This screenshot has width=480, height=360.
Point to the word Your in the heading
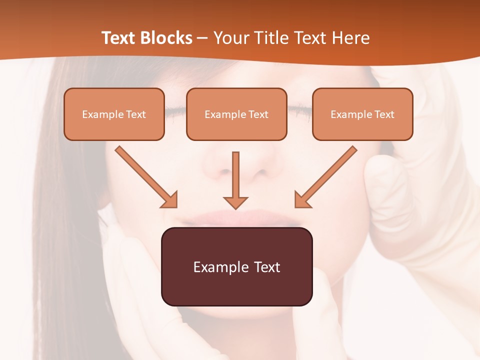(x=230, y=38)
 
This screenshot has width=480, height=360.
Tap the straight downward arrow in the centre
(x=235, y=180)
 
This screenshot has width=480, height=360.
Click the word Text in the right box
(x=384, y=114)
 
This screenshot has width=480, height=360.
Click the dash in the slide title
(x=203, y=38)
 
